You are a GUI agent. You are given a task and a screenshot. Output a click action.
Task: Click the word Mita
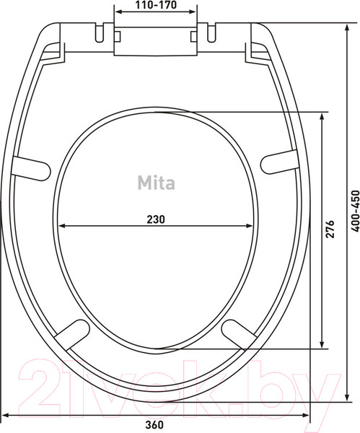click(156, 183)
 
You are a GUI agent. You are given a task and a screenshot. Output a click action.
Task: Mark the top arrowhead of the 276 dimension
click(321, 115)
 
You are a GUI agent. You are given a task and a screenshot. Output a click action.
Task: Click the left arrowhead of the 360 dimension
click(5, 414)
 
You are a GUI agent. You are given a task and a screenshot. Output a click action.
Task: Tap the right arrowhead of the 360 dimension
click(308, 414)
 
